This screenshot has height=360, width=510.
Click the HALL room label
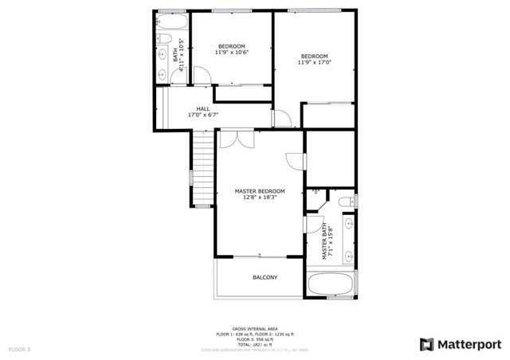(203, 108)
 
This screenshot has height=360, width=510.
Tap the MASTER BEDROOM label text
(259, 191)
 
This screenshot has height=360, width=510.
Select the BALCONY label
(265, 277)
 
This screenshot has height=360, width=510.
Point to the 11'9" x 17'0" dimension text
(314, 62)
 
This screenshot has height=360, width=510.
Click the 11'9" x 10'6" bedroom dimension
(232, 53)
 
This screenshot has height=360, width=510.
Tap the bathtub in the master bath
(329, 284)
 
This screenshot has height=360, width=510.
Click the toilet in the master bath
(347, 204)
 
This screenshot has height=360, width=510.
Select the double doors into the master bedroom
(237, 139)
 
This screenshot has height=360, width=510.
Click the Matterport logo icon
(426, 343)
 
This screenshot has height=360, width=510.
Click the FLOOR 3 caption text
(20, 349)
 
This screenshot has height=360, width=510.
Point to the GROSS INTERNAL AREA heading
(255, 328)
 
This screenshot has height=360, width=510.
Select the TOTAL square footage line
(255, 343)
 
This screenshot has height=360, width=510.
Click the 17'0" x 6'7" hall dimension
(203, 115)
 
